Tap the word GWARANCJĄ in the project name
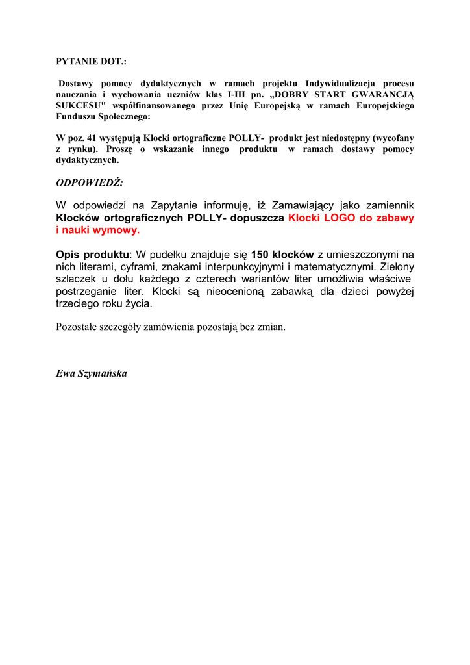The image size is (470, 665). [380, 94]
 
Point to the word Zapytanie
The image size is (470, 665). [175, 206]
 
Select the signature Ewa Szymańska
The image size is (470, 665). [92, 373]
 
